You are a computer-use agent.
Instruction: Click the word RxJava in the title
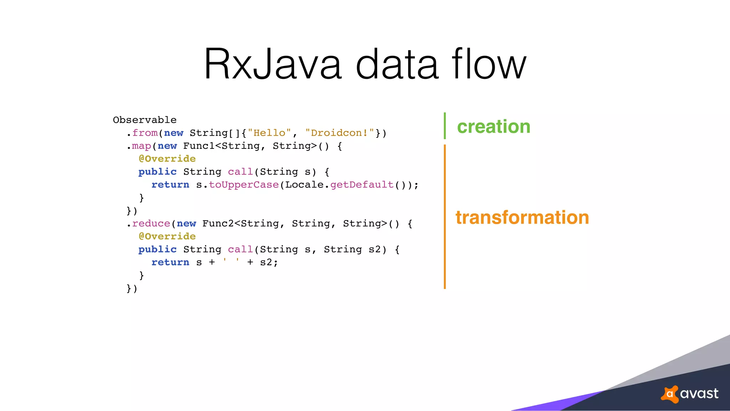pos(273,64)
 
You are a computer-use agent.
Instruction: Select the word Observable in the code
pos(145,120)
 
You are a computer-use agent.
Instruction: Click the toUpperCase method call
pos(244,185)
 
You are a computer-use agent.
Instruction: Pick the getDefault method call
pos(362,185)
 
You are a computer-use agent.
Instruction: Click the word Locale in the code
pos(304,185)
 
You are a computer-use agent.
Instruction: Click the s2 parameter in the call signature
pos(375,249)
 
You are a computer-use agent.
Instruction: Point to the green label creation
pos(494,127)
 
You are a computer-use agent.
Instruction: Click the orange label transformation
pos(522,218)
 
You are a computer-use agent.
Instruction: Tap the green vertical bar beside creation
pos(445,126)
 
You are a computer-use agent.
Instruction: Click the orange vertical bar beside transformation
pos(445,217)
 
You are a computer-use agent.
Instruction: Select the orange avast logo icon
pos(670,394)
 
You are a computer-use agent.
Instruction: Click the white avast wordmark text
pos(699,394)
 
